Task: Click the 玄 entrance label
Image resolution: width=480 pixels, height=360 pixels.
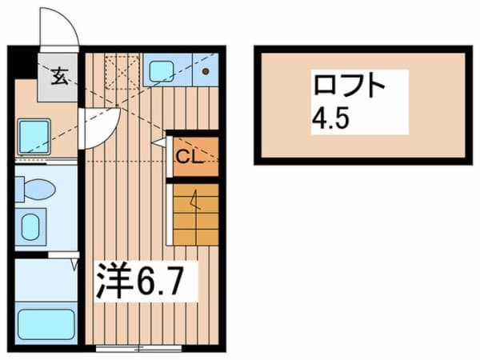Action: (59, 78)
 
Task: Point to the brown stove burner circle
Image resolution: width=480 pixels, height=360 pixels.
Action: (206, 72)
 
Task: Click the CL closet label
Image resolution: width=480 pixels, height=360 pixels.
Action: (188, 155)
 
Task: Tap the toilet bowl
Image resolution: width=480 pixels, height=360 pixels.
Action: (37, 190)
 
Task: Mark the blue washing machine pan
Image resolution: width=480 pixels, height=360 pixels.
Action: (34, 136)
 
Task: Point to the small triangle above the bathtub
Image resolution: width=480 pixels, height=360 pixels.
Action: (74, 262)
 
